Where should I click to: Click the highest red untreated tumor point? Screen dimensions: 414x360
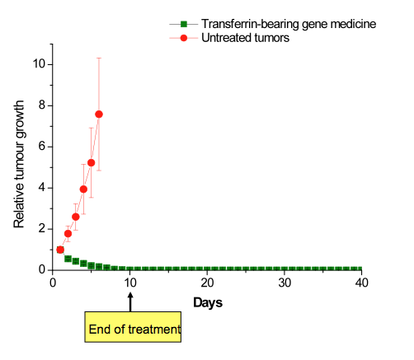[99, 115]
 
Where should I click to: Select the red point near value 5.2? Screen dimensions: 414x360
[92, 163]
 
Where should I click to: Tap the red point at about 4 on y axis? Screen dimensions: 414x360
[83, 189]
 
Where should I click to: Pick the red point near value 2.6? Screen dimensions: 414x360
[76, 217]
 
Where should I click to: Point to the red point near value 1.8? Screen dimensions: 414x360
[68, 234]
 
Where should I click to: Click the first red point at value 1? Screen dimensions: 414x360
[60, 250]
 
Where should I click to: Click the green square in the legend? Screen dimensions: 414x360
[184, 24]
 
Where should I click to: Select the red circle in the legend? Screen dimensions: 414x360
[184, 38]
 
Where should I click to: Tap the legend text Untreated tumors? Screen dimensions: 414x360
[245, 38]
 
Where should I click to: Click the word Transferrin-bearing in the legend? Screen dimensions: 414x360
[250, 24]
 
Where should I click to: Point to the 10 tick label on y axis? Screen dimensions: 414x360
[39, 63]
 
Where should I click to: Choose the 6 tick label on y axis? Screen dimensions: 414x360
[42, 146]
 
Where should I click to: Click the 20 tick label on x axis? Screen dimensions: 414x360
[207, 283]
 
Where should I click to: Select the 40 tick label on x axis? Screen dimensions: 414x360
[361, 283]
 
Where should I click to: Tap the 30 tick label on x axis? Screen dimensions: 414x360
[285, 283]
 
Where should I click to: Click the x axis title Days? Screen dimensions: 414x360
[208, 303]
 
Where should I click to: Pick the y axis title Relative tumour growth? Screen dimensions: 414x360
[19, 164]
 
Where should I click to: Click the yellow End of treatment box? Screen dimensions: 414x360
[133, 327]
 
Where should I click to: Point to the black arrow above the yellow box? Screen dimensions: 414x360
[130, 302]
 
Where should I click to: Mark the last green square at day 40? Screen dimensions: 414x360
[359, 269]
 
